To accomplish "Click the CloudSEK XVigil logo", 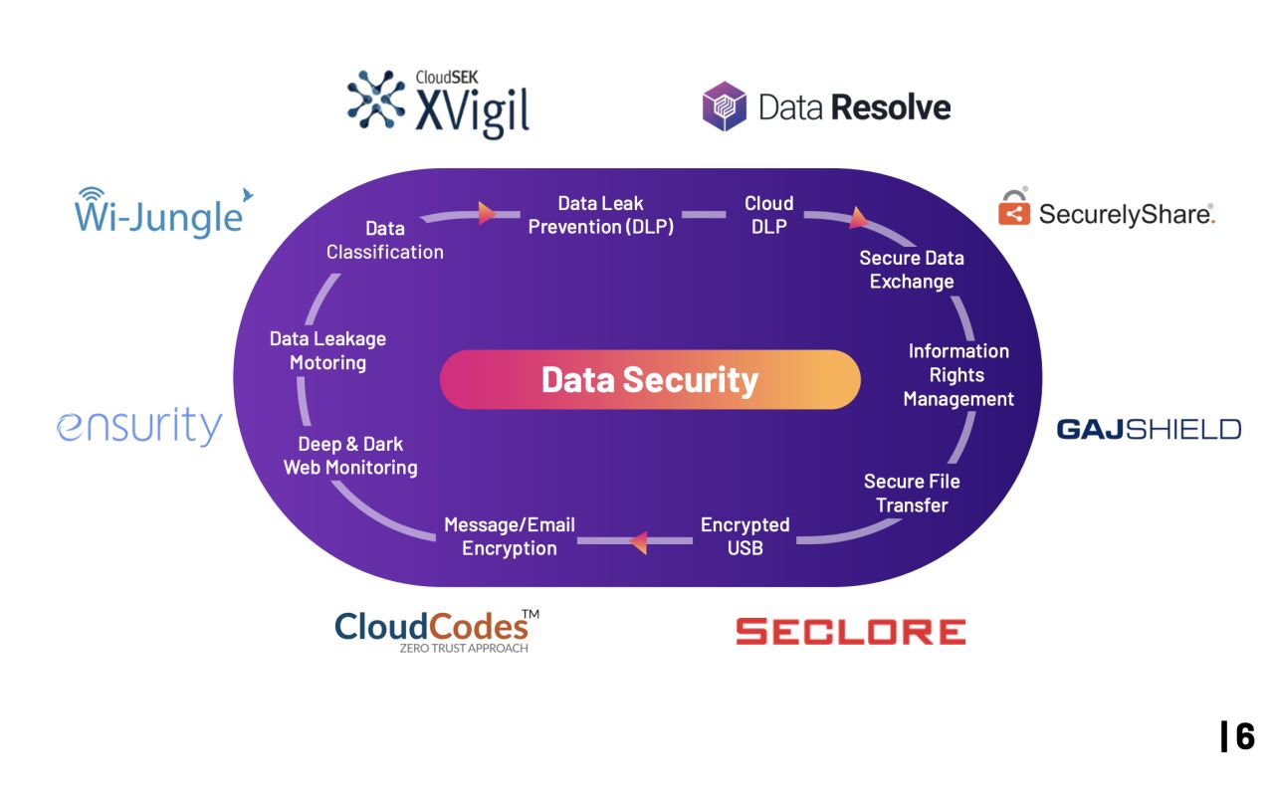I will pyautogui.click(x=438, y=102).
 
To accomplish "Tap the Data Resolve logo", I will pyautogui.click(x=826, y=106).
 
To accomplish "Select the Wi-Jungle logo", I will pyautogui.click(x=159, y=211).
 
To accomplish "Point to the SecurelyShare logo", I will pyautogui.click(x=1106, y=211).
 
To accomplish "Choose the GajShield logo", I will pyautogui.click(x=1149, y=429).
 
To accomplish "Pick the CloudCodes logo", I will pyautogui.click(x=436, y=629).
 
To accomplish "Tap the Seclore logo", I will pyautogui.click(x=850, y=631).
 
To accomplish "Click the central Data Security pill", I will pyautogui.click(x=649, y=379).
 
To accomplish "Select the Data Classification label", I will pyautogui.click(x=385, y=241).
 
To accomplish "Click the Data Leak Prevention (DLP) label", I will pyautogui.click(x=601, y=215).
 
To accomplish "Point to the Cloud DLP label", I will pyautogui.click(x=769, y=215).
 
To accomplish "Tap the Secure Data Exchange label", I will pyautogui.click(x=912, y=270).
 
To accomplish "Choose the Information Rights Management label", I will pyautogui.click(x=958, y=375).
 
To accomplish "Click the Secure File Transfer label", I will pyautogui.click(x=912, y=493).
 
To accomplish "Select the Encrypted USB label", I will pyautogui.click(x=744, y=536).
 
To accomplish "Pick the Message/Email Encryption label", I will pyautogui.click(x=510, y=536).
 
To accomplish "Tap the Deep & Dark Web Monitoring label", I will pyautogui.click(x=350, y=456).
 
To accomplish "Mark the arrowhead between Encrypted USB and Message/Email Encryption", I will pyautogui.click(x=639, y=542).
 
